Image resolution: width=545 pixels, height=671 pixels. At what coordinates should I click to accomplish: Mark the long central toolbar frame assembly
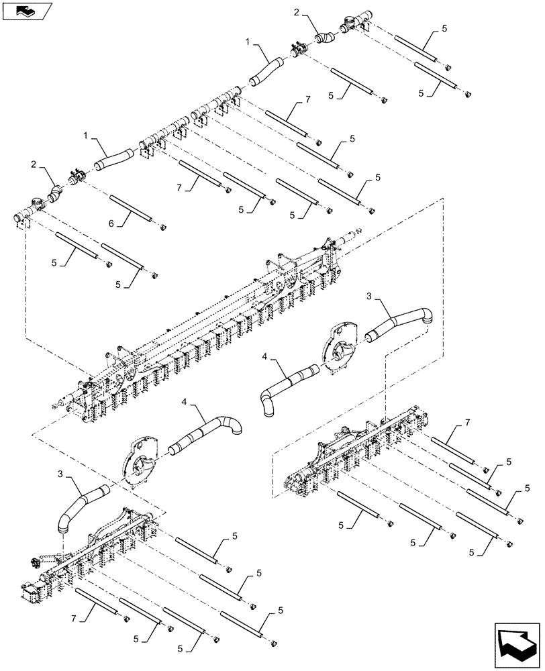(x=201, y=329)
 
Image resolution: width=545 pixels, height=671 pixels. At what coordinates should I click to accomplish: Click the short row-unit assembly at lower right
(x=352, y=456)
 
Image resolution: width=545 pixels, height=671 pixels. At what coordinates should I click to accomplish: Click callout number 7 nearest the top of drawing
(x=307, y=99)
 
